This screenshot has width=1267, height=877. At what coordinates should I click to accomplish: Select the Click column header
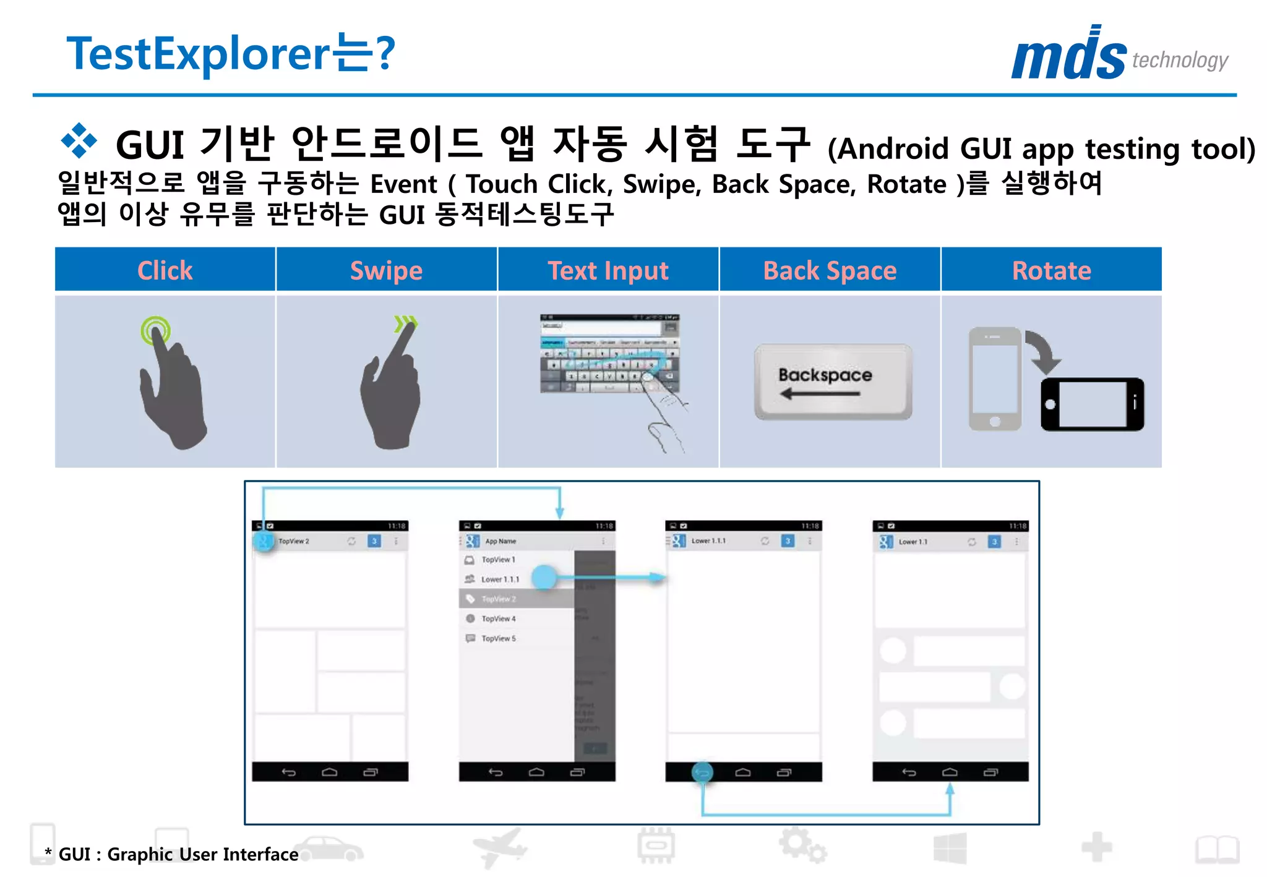(x=165, y=270)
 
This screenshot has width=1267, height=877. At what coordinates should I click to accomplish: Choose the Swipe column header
(x=387, y=270)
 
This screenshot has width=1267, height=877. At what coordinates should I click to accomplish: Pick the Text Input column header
(x=608, y=270)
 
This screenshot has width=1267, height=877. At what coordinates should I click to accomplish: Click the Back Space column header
(x=830, y=270)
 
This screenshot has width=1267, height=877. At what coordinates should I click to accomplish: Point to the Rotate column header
(x=1052, y=270)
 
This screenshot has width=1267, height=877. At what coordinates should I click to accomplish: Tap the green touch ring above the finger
(x=155, y=330)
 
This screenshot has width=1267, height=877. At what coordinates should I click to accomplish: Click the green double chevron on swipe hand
(x=406, y=323)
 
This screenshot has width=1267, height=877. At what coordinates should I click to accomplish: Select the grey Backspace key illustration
(x=833, y=382)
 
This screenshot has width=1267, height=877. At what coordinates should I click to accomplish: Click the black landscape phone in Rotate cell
(x=1093, y=404)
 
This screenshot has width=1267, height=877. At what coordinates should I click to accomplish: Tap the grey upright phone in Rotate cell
(x=995, y=379)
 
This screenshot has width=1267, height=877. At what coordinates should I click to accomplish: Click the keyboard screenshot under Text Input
(x=609, y=354)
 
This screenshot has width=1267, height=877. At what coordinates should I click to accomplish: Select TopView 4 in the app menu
(x=499, y=618)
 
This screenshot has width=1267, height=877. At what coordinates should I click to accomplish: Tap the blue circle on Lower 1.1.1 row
(x=544, y=578)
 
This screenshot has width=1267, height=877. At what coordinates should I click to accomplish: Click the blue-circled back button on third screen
(x=702, y=772)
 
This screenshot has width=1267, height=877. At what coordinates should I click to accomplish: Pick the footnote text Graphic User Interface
(x=202, y=854)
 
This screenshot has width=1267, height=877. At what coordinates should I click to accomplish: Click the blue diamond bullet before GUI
(x=79, y=140)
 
